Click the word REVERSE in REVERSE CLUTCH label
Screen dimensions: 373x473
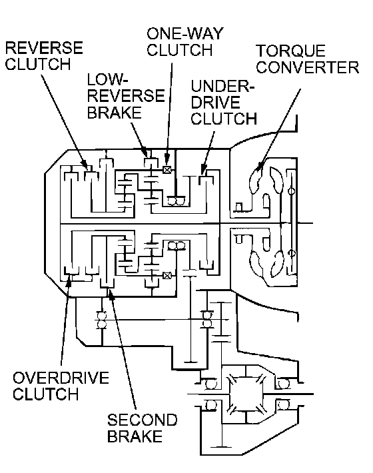coord(44,48)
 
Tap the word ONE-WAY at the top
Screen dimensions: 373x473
coord(185,33)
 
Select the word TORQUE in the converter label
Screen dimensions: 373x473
coord(290,51)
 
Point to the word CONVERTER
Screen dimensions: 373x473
coord(308,67)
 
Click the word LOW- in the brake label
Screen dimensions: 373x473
coord(106,80)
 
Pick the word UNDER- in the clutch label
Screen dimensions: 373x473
coord(223,87)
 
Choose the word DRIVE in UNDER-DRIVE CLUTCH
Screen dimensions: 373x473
coord(215,103)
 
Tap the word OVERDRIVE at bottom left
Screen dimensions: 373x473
coord(61,378)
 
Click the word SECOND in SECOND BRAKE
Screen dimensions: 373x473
coord(143,420)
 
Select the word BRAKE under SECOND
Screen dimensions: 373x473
coord(135,436)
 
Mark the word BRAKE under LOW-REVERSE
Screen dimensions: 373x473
coord(115,113)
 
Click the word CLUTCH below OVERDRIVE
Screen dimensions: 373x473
coord(46,394)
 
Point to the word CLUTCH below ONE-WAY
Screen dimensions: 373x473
coord(180,50)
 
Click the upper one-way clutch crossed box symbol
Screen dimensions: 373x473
coord(167,169)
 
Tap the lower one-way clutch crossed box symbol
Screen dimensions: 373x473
coord(167,275)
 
